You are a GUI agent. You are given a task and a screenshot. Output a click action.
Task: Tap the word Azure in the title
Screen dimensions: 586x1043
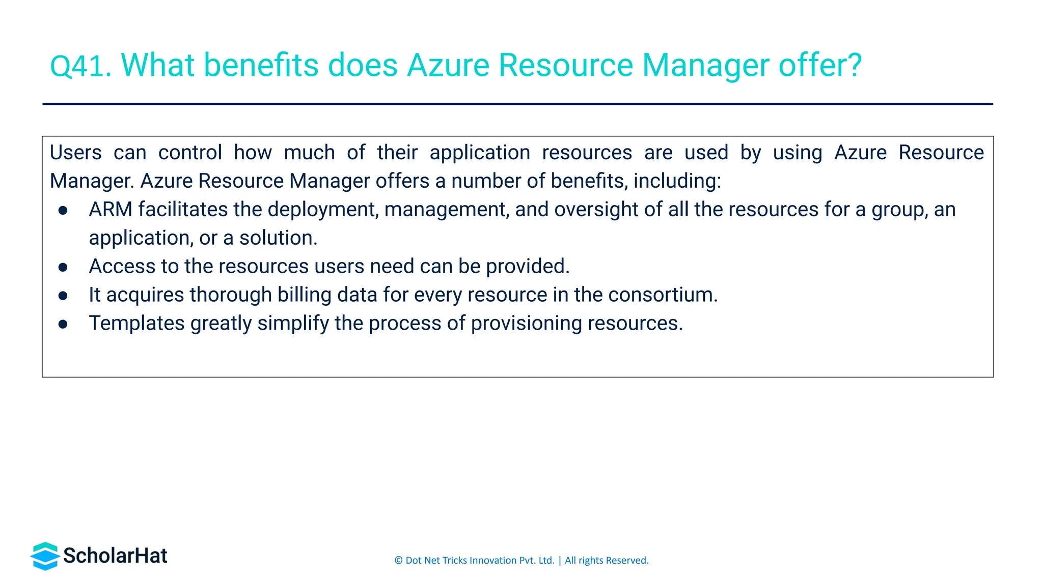(x=448, y=66)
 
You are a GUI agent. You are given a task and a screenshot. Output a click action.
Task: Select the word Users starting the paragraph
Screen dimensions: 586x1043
(x=75, y=153)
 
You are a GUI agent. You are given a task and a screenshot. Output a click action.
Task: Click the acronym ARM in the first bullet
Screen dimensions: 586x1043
(x=110, y=210)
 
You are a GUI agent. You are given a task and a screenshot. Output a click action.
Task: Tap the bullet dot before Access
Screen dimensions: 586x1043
(x=63, y=267)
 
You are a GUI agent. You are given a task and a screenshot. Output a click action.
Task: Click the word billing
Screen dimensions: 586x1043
(x=304, y=295)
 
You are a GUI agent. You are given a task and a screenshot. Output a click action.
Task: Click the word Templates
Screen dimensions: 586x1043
(x=136, y=324)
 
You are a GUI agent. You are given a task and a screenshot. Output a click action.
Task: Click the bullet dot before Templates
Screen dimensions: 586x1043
(x=63, y=324)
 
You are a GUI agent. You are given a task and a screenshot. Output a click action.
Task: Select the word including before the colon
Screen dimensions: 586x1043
(x=676, y=181)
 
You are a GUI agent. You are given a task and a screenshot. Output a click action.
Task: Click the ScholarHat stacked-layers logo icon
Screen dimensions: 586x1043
(x=45, y=556)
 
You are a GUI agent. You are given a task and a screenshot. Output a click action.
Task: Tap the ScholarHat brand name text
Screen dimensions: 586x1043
(x=115, y=556)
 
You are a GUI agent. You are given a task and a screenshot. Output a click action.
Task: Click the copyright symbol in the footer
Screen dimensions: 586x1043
(x=398, y=561)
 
